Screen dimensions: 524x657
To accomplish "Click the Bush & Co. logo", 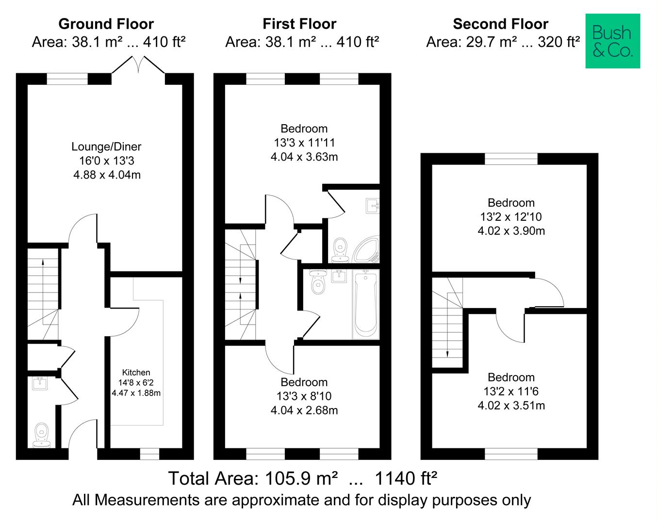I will [612, 41].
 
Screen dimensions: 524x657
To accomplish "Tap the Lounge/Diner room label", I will [106, 147].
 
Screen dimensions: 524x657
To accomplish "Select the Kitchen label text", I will [136, 373].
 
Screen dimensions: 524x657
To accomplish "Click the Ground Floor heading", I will [106, 24].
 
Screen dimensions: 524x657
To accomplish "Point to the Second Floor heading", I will [500, 24].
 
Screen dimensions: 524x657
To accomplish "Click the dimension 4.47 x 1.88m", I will [136, 393].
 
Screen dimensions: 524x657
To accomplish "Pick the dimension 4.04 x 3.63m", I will [304, 157].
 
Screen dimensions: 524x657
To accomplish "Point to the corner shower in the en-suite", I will [367, 249].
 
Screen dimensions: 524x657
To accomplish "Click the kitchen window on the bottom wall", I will [149, 454].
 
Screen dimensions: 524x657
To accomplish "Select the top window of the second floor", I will [511, 159].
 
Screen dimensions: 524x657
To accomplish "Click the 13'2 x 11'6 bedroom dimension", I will [511, 392].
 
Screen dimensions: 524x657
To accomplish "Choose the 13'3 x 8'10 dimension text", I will [304, 396].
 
